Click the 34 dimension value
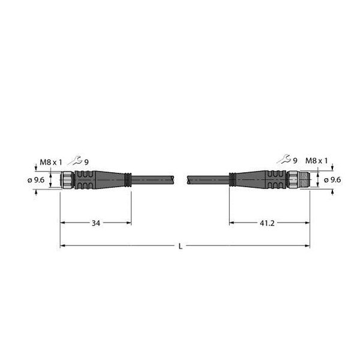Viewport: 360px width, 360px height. [96, 223]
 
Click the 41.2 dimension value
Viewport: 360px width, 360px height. [269, 223]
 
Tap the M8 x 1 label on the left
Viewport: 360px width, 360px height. [50, 161]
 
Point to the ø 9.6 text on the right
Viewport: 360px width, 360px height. [333, 179]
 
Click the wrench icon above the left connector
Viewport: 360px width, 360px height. [74, 161]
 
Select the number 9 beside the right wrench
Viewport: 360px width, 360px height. [296, 160]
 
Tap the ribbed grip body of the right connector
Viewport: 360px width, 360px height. [276, 179]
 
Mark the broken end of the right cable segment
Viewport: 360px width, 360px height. [189, 179]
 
